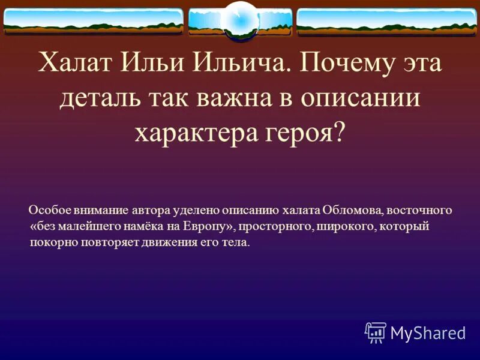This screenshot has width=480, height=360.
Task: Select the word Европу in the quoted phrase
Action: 210,227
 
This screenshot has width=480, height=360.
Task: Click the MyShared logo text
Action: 428,332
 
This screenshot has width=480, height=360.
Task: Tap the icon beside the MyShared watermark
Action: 376,332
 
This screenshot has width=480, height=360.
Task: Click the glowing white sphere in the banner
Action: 241,20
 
